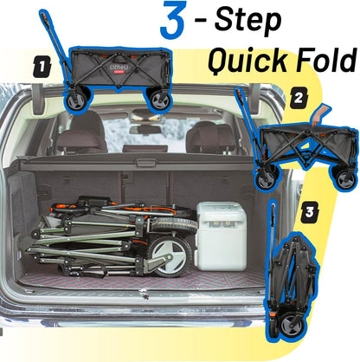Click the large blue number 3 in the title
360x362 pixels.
(x=172, y=20)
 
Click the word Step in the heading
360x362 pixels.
(x=247, y=20)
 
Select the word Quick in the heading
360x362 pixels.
(x=247, y=61)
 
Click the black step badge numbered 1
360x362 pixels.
(x=42, y=68)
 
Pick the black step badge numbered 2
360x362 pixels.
(x=298, y=99)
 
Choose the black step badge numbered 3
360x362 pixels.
(x=310, y=212)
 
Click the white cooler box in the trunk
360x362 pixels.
(x=222, y=236)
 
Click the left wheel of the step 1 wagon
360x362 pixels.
(x=77, y=100)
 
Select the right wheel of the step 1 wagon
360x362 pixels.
(x=159, y=100)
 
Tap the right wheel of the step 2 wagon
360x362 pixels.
(x=345, y=179)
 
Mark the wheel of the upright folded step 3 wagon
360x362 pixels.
(x=292, y=326)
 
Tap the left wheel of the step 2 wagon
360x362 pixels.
(x=267, y=179)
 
